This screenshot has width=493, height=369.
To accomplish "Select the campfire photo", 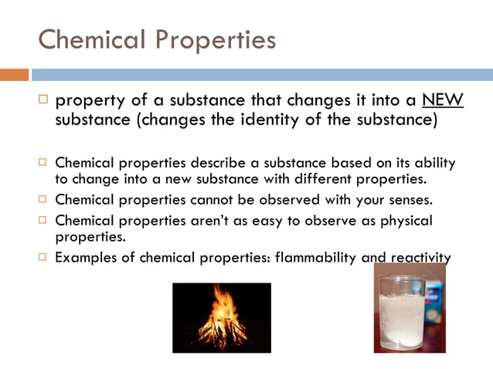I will (222, 317).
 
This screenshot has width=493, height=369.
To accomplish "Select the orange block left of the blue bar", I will (14, 75).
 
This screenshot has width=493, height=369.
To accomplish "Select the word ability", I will (433, 164).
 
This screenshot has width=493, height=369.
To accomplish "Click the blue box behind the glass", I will (437, 297).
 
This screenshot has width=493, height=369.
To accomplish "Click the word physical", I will (405, 221).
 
